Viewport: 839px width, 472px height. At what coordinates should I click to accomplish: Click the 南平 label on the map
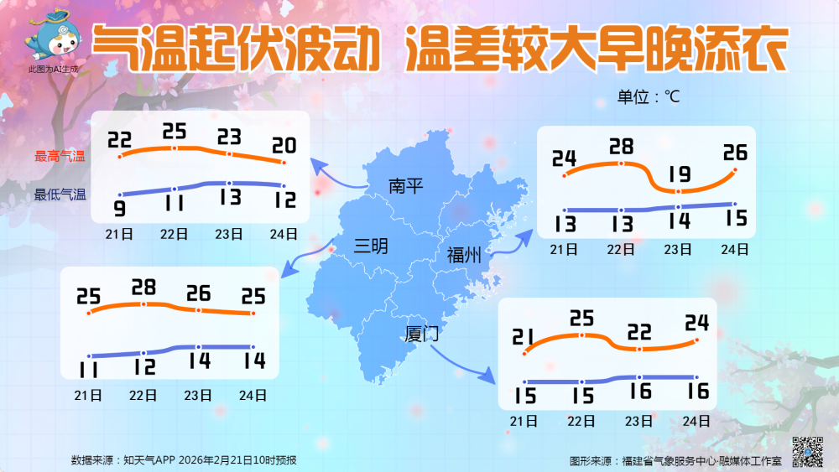(x=406, y=186)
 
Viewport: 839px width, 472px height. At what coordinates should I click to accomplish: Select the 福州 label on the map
(x=464, y=256)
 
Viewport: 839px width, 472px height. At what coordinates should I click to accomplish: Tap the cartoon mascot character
(x=52, y=38)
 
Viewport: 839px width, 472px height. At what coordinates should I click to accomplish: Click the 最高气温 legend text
(x=60, y=156)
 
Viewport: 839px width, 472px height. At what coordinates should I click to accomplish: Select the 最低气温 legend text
(x=60, y=195)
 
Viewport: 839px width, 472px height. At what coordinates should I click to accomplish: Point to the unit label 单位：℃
(x=649, y=96)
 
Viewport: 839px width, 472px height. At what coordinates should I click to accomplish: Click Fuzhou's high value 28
(x=621, y=148)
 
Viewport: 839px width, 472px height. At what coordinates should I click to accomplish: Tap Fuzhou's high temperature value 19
(x=679, y=174)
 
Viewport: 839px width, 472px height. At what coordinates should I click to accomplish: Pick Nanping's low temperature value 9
(x=120, y=208)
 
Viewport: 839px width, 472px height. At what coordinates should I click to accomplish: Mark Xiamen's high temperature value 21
(x=524, y=337)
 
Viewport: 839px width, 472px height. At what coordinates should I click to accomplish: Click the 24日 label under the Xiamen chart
(x=696, y=421)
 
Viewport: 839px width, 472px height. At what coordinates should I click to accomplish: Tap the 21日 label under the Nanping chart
(x=120, y=234)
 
